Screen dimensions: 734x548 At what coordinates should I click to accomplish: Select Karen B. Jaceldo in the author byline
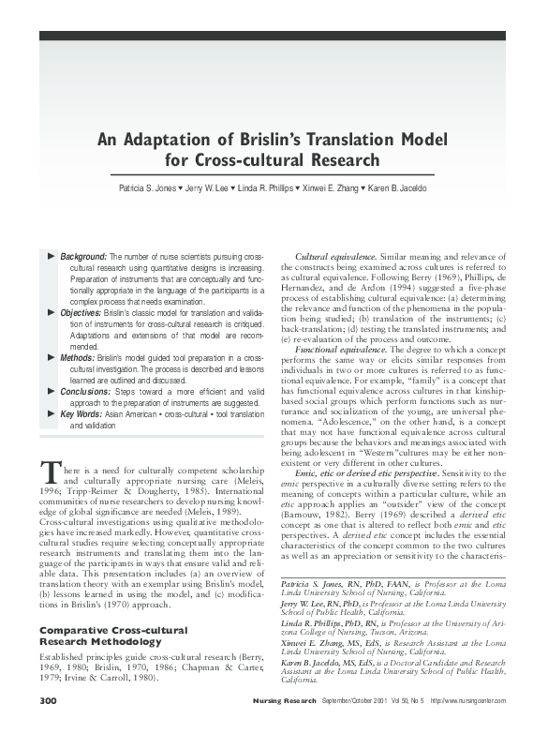pyautogui.click(x=402, y=189)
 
